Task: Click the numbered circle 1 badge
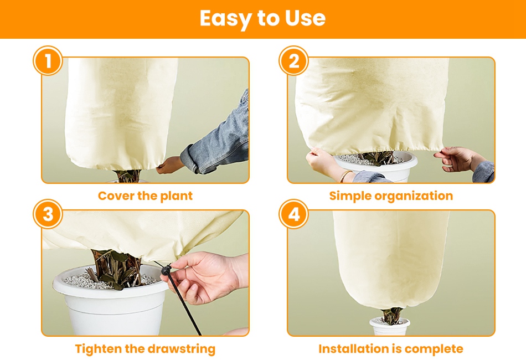click(48, 61)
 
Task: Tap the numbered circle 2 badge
click(294, 61)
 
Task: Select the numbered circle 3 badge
click(48, 214)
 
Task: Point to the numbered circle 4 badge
click(294, 214)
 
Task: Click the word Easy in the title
click(225, 19)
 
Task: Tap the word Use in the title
click(305, 18)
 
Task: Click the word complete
click(434, 349)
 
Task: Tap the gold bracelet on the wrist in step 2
click(346, 175)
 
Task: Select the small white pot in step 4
click(389, 326)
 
